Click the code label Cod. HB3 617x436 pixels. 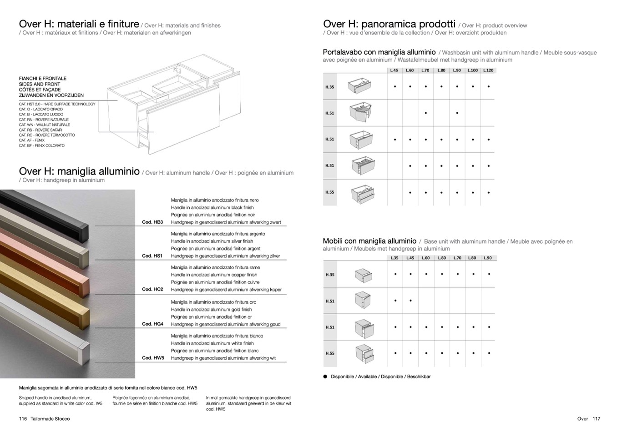(152, 222)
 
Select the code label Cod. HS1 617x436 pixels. (152, 256)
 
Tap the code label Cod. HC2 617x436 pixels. (152, 290)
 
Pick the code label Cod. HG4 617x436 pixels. (152, 324)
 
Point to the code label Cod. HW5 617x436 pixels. (153, 358)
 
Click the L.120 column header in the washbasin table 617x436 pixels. (488, 70)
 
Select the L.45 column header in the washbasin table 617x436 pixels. (394, 70)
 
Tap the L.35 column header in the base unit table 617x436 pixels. (394, 258)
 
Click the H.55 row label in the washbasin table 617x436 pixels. (329, 192)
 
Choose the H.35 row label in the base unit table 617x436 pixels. (330, 275)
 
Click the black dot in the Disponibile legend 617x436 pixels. (325, 376)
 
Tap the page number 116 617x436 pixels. (23, 419)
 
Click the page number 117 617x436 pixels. (597, 419)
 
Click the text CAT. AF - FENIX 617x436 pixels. (32, 140)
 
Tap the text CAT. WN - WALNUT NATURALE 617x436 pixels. (45, 125)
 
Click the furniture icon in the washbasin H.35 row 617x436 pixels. (359, 86)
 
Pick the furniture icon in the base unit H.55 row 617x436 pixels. (364, 353)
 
